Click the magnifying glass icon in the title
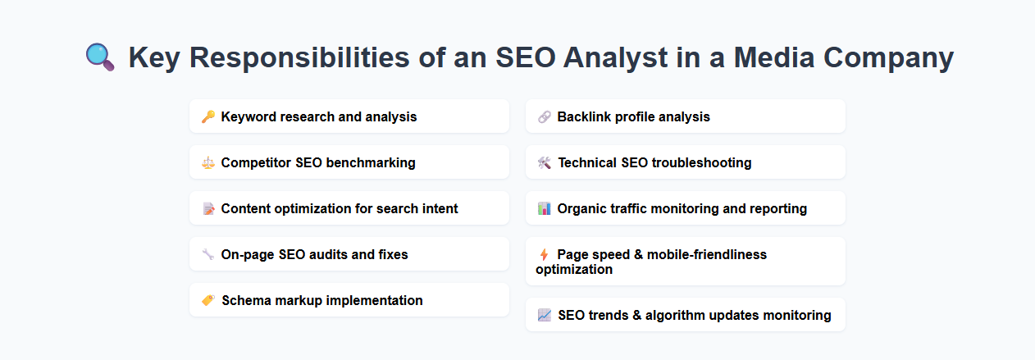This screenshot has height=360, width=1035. coord(101,57)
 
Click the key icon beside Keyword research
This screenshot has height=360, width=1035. coord(208,116)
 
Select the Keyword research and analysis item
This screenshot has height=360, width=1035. coord(318,116)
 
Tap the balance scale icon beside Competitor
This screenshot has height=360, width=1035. coord(208,162)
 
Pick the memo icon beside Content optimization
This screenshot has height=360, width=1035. coord(208,208)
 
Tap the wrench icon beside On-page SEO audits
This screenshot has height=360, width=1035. coord(208,254)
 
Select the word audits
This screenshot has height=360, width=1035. coord(336,254)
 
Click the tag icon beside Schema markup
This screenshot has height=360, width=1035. coord(208,300)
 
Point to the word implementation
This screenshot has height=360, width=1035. coord(375,300)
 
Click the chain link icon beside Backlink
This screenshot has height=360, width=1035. coord(545,116)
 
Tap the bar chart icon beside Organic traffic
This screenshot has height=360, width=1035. coord(545,208)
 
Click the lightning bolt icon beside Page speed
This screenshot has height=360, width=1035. coord(544,254)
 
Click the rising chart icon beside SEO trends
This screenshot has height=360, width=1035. coord(545,315)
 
